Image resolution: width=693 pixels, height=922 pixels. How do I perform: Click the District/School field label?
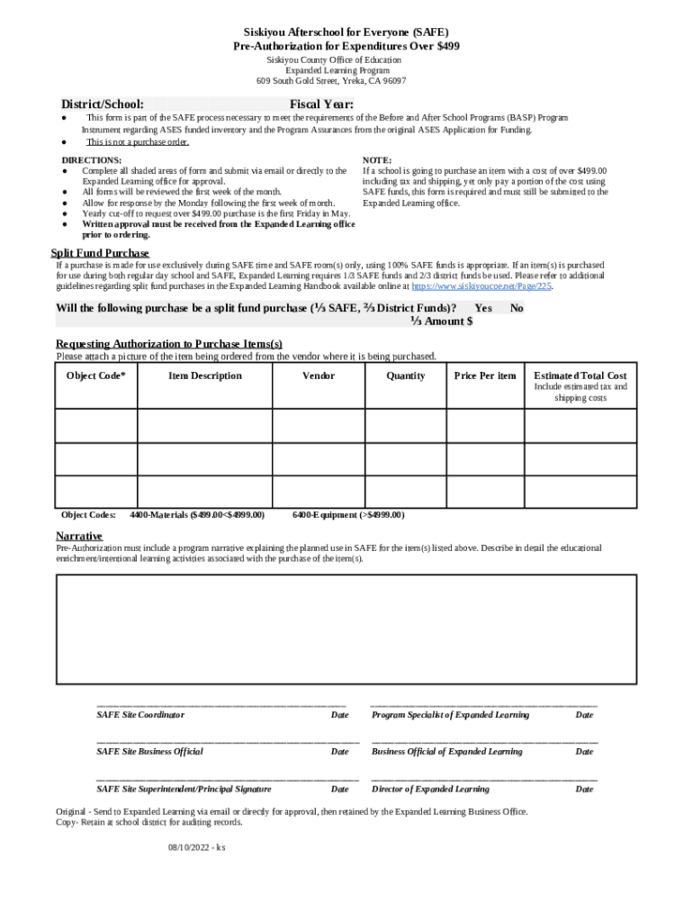click(102, 104)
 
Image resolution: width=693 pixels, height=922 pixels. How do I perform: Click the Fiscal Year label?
click(321, 104)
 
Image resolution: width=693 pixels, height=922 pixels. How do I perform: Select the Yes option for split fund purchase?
click(483, 308)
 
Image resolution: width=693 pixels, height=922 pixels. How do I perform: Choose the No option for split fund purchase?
click(517, 308)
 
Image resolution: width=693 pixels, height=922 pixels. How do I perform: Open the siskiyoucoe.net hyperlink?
click(481, 285)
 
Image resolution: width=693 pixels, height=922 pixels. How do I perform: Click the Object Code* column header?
click(96, 375)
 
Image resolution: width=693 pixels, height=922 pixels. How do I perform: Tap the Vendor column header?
click(319, 375)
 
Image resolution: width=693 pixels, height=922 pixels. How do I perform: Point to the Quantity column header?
click(405, 375)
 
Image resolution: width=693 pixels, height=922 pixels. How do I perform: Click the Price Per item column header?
click(485, 375)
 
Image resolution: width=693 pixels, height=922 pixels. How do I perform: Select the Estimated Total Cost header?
click(580, 375)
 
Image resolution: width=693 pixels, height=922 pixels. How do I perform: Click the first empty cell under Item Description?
click(204, 426)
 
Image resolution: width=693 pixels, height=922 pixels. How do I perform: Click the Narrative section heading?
click(78, 537)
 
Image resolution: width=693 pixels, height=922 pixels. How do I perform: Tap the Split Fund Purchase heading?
click(99, 253)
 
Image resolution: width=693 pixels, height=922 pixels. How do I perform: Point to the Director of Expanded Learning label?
click(430, 790)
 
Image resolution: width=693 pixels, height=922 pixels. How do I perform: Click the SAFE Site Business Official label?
click(149, 752)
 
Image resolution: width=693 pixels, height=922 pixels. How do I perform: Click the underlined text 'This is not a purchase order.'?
click(137, 141)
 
